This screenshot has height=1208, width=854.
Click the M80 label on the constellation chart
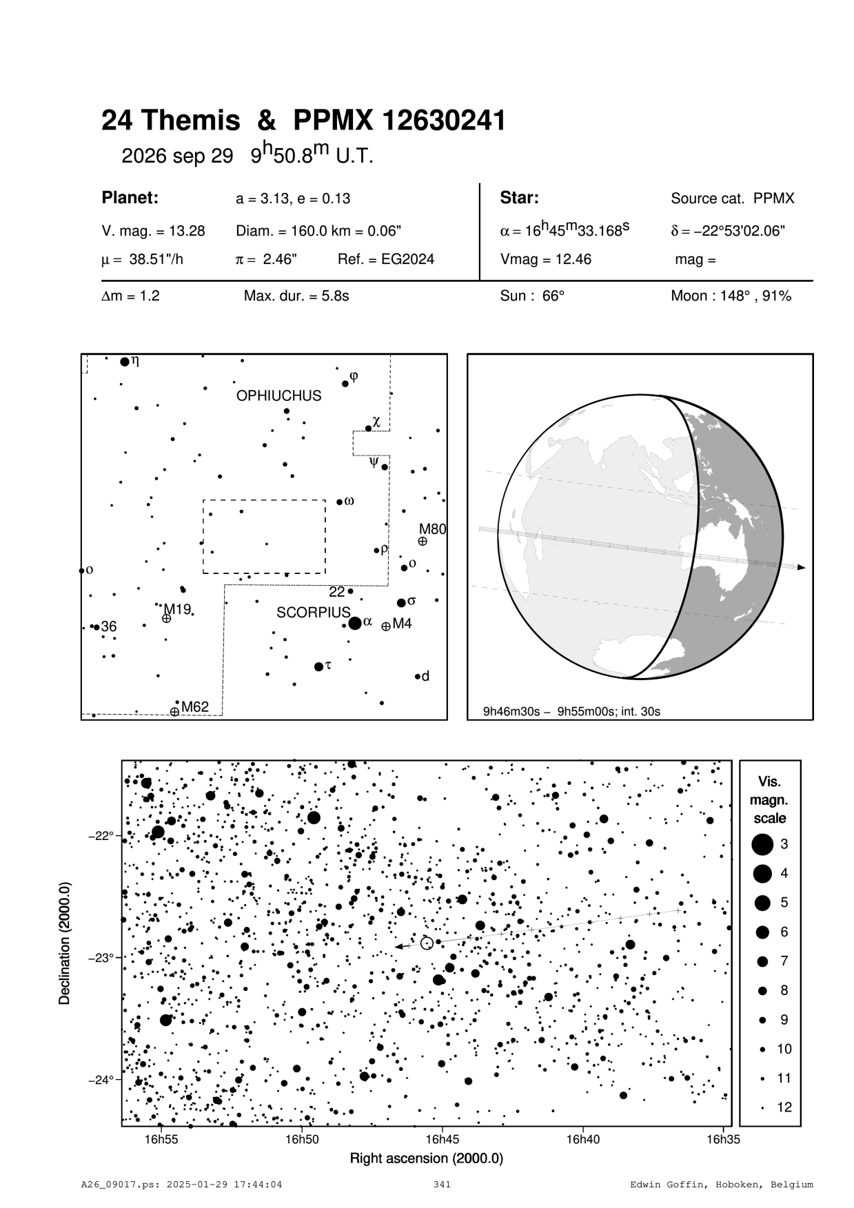click(x=433, y=529)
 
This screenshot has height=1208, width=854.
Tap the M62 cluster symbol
click(x=175, y=711)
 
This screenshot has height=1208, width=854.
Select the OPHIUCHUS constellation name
click(x=278, y=396)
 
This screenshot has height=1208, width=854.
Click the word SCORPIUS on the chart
click(x=314, y=613)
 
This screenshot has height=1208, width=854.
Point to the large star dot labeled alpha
click(x=355, y=624)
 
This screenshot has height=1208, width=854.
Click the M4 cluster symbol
click(x=386, y=626)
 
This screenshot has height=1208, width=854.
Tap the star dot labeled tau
click(x=318, y=666)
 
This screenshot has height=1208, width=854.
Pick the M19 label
click(x=176, y=609)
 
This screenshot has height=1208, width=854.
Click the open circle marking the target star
click(x=427, y=943)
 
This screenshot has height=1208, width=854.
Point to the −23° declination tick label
click(x=101, y=958)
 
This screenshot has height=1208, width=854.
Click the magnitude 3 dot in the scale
click(x=762, y=844)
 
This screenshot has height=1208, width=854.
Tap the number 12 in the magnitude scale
click(x=784, y=1107)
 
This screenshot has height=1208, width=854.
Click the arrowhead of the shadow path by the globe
click(x=801, y=568)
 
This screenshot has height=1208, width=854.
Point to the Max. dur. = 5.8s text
click(x=296, y=296)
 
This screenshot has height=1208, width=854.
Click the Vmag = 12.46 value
click(x=545, y=260)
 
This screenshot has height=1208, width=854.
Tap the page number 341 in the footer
click(x=442, y=1185)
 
